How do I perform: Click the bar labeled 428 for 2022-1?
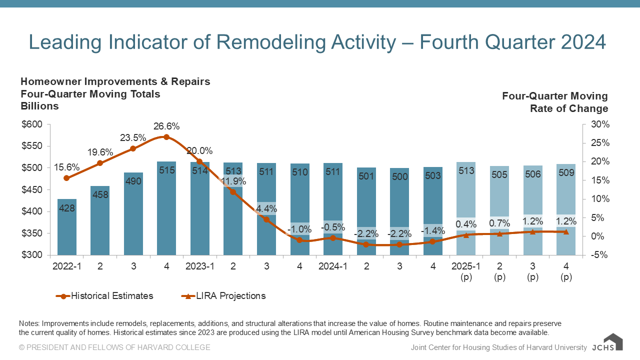coord(67,227)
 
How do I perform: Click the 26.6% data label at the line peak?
coord(166,126)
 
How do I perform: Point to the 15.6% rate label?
coord(67,167)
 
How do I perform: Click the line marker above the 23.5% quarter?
coord(133,148)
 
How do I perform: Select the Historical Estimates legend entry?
coord(104,296)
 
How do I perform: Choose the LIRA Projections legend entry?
coord(223,296)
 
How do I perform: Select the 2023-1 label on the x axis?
coord(199,266)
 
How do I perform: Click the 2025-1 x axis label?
coord(466,266)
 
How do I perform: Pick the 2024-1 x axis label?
coord(333,266)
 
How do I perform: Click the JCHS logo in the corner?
coord(607,343)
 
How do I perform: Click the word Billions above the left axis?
coord(39,106)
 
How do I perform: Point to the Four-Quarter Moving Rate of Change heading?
coord(555,102)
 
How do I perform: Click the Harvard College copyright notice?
coord(114,347)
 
